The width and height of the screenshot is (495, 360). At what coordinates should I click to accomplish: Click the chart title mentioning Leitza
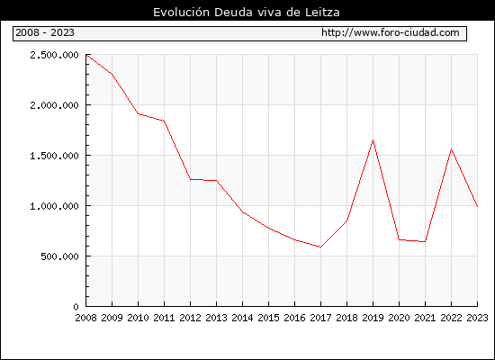click(x=247, y=12)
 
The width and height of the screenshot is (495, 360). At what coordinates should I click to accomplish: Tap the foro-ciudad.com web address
click(x=391, y=32)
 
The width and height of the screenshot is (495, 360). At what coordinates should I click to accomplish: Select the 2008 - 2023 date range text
click(x=45, y=32)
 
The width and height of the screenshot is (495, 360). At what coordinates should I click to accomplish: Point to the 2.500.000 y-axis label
click(x=54, y=55)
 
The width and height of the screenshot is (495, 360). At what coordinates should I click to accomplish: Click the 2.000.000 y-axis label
click(x=54, y=105)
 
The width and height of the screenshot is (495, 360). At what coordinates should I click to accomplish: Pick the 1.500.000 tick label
click(x=54, y=156)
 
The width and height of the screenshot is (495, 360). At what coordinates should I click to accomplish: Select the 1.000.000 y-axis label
click(x=54, y=206)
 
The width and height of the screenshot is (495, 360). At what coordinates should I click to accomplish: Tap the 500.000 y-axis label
click(x=59, y=256)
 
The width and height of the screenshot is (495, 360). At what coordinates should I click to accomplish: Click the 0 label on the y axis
click(x=76, y=307)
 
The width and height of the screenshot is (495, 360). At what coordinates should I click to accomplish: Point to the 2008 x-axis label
click(x=85, y=318)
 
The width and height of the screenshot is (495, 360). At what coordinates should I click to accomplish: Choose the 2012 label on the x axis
click(x=190, y=318)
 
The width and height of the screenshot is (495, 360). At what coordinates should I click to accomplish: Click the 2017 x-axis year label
click(x=320, y=318)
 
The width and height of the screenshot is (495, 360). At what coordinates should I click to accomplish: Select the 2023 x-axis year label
click(x=477, y=318)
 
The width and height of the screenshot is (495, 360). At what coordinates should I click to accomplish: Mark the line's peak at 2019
click(x=373, y=139)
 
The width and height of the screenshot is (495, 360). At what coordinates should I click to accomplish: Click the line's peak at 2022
click(x=452, y=148)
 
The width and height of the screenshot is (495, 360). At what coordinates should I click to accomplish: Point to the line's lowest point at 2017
click(x=320, y=247)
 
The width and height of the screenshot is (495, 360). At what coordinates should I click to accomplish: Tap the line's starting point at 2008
click(x=86, y=55)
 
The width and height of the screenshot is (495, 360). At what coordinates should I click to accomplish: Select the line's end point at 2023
click(x=477, y=206)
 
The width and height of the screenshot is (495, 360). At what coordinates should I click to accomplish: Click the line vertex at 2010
click(x=139, y=114)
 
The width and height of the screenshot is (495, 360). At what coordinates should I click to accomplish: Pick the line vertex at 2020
click(x=399, y=239)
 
